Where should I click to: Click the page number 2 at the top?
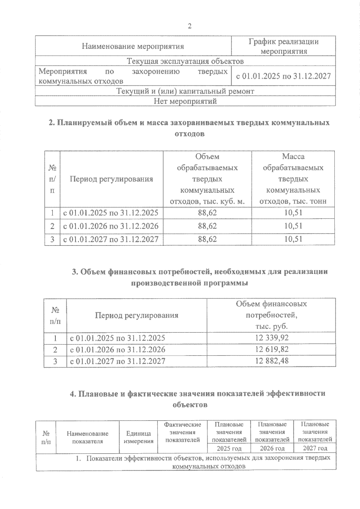pyautogui.click(x=189, y=26)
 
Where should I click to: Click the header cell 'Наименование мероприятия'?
pyautogui.click(x=133, y=46)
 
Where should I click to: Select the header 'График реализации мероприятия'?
pyautogui.click(x=283, y=46)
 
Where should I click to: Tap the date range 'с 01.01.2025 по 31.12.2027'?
pyautogui.click(x=283, y=76)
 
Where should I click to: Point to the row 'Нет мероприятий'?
pyautogui.click(x=185, y=101)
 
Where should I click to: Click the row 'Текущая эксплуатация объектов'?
pyautogui.click(x=185, y=61)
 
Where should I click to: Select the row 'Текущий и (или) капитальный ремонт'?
pyautogui.click(x=185, y=91)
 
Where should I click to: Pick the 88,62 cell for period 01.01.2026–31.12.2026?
pyautogui.click(x=207, y=226)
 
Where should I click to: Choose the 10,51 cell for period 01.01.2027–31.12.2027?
pyautogui.click(x=293, y=239)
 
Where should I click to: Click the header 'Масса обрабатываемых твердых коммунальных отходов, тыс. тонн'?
pyautogui.click(x=293, y=179)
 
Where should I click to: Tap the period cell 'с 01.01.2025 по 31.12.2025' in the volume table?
pyautogui.click(x=111, y=213)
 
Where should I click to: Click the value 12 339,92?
pyautogui.click(x=272, y=338)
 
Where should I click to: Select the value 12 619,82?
pyautogui.click(x=272, y=350)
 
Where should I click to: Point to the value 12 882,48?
pyautogui.click(x=272, y=361)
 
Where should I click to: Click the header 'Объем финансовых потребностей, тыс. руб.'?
pyautogui.click(x=271, y=315)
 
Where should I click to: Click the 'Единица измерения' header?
pyautogui.click(x=138, y=437)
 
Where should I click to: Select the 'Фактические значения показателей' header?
pyautogui.click(x=182, y=432)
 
